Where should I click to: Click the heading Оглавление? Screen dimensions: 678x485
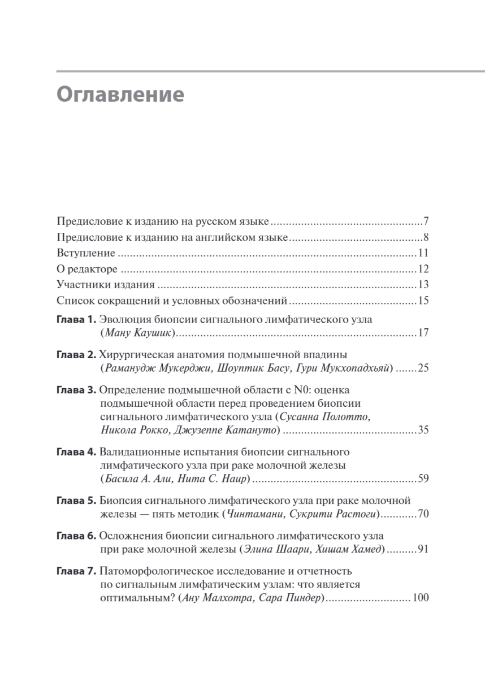coord(120,93)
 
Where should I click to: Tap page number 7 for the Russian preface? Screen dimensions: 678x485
coord(426,221)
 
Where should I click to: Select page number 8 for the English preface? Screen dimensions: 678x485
coord(426,237)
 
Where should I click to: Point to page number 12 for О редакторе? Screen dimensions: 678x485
coord(423,269)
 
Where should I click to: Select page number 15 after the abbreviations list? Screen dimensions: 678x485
coord(423,301)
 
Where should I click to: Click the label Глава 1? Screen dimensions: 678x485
coord(77,320)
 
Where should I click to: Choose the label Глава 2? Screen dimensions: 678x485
coord(77,355)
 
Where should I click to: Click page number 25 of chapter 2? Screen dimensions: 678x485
coord(423,368)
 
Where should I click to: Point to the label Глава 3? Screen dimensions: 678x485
coord(77,390)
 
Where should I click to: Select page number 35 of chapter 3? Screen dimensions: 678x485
coord(423,431)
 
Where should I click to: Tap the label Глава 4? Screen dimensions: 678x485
coord(77,452)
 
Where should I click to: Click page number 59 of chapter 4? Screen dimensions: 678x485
coord(423,479)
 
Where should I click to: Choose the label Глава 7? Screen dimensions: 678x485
coord(77,571)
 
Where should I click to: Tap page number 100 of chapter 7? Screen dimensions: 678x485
coord(421,598)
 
